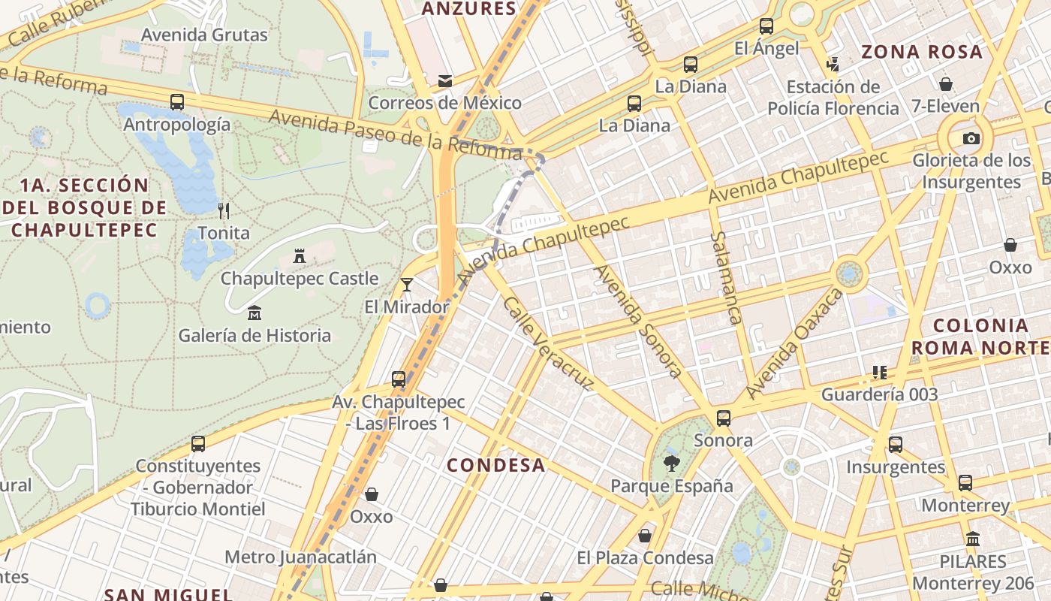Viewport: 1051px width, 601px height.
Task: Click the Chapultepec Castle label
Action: (x=300, y=279)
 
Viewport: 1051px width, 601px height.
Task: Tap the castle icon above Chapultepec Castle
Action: (x=300, y=257)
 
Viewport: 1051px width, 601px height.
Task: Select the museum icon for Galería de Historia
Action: (x=254, y=313)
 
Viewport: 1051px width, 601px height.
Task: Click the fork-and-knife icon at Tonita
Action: (x=223, y=210)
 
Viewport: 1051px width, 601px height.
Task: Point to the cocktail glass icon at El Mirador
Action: (x=407, y=284)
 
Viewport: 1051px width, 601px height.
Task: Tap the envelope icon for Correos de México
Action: (x=445, y=80)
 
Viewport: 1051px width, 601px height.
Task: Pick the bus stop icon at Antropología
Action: (x=177, y=102)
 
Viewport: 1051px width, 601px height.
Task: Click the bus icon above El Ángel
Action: (x=766, y=26)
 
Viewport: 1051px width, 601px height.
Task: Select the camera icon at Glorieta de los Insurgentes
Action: (x=971, y=138)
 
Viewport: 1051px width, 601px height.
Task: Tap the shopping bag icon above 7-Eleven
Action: (x=946, y=83)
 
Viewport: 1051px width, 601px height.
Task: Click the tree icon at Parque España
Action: (x=672, y=464)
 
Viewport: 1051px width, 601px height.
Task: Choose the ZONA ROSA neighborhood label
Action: (x=922, y=52)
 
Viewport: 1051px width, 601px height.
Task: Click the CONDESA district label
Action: (x=496, y=465)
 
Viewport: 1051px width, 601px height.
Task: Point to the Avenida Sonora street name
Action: (x=638, y=321)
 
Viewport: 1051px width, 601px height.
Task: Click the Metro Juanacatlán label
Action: (x=301, y=557)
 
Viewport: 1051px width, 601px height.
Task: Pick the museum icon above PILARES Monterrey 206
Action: (x=974, y=539)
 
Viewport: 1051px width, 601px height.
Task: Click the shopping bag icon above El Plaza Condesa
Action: (x=645, y=536)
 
